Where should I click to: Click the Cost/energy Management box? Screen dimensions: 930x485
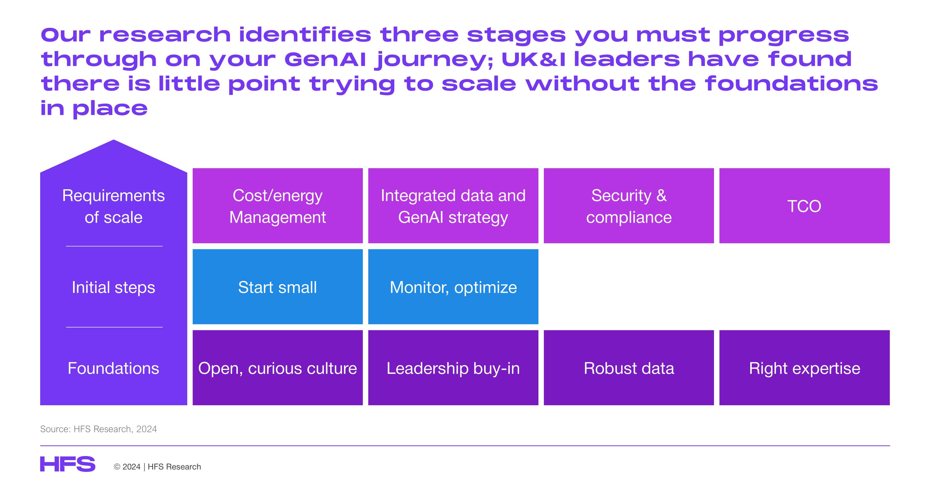pyautogui.click(x=277, y=206)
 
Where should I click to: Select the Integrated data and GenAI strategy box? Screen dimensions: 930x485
pyautogui.click(x=453, y=206)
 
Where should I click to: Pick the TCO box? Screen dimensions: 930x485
pyautogui.click(x=804, y=206)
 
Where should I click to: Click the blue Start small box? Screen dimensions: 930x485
pyautogui.click(x=277, y=287)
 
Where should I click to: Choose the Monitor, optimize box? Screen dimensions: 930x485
pyautogui.click(x=453, y=287)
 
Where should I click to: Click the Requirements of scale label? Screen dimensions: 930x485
pyautogui.click(x=113, y=206)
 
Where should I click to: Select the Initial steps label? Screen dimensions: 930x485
pyautogui.click(x=113, y=287)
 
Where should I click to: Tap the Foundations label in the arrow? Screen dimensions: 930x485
pyautogui.click(x=113, y=368)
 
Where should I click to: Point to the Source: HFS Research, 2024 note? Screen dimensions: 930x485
pyautogui.click(x=98, y=429)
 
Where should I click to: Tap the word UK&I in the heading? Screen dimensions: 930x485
pyautogui.click(x=533, y=59)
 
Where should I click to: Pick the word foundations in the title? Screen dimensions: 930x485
pyautogui.click(x=791, y=84)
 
